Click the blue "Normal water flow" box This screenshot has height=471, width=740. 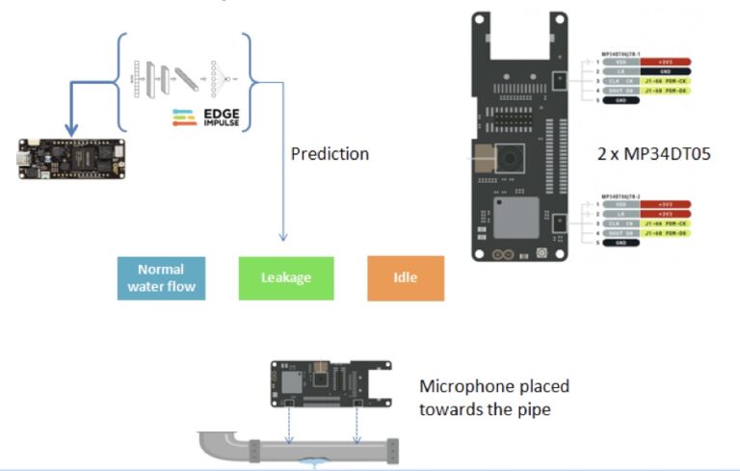[x=161, y=277]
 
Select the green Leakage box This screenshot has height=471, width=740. [x=286, y=277]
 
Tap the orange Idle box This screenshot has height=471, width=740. [x=405, y=277]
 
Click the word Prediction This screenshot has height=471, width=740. [x=330, y=153]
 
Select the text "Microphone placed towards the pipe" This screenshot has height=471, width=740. [x=494, y=396]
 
